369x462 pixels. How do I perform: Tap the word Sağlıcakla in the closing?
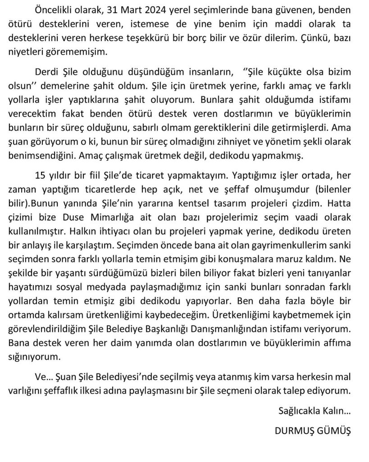click(299, 411)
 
